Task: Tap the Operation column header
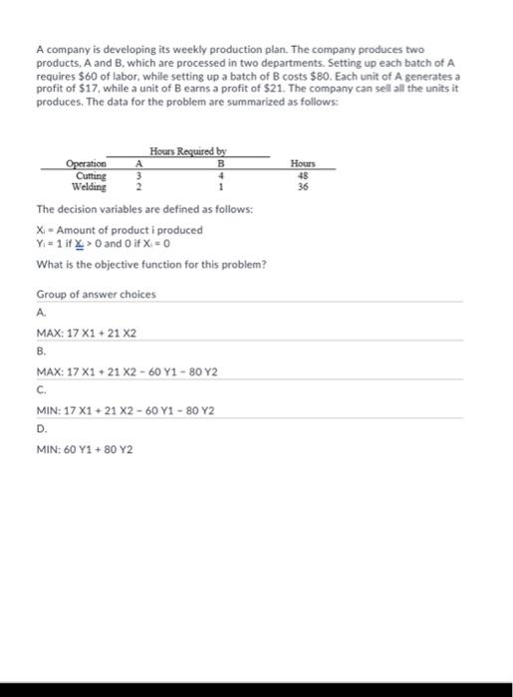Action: click(88, 164)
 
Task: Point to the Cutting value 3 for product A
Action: click(139, 175)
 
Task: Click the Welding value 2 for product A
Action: click(139, 186)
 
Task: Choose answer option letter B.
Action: click(40, 351)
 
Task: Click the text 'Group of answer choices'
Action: click(96, 295)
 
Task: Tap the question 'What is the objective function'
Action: click(149, 263)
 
